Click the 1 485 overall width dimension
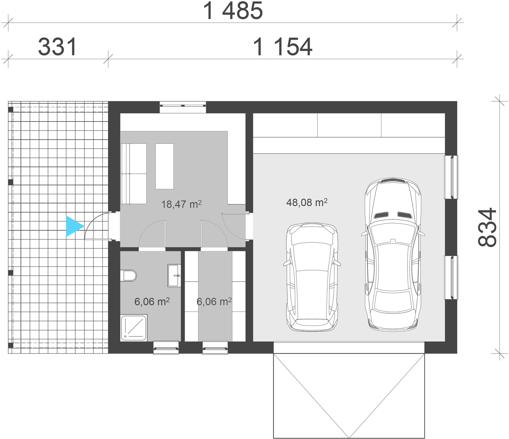[x=233, y=11]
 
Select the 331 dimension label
[x=58, y=47]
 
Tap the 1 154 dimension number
[x=283, y=47]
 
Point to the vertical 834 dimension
[x=487, y=227]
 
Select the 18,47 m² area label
[x=182, y=204]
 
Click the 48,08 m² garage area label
[x=307, y=203]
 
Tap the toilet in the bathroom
[x=128, y=276]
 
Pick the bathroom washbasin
[x=174, y=275]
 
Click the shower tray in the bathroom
[x=134, y=328]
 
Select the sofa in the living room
[x=134, y=174]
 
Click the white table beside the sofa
[x=164, y=166]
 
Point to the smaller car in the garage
[x=312, y=277]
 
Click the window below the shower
[x=166, y=347]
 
